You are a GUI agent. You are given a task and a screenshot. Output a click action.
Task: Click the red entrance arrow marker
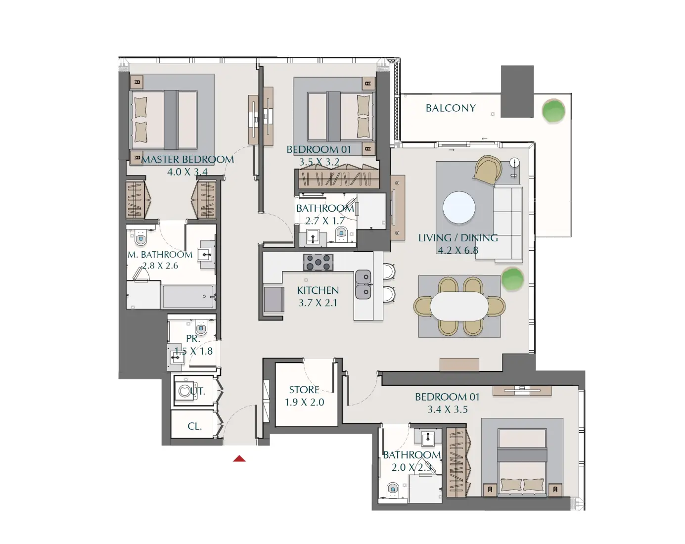click(x=239, y=459)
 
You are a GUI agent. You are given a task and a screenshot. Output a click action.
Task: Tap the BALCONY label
click(x=451, y=108)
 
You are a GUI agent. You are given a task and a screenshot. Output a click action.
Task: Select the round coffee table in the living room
click(x=459, y=208)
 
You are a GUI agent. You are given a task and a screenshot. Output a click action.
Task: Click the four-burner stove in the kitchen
click(x=318, y=263)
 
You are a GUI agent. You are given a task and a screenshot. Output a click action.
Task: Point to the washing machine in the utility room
click(x=185, y=391)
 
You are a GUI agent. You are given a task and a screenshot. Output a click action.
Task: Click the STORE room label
click(x=304, y=390)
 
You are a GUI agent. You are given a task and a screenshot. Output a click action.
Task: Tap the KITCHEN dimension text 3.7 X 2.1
click(x=318, y=303)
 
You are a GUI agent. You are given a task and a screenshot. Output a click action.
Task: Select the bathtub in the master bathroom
click(x=188, y=297)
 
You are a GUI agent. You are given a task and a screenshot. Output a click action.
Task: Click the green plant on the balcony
click(x=553, y=111)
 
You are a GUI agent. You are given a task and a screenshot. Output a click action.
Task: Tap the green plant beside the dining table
click(x=512, y=279)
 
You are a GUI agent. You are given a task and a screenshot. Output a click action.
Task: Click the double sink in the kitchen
click(x=364, y=284)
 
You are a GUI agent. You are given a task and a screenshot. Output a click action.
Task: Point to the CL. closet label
click(x=194, y=426)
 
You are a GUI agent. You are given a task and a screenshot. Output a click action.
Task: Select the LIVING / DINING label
click(x=458, y=238)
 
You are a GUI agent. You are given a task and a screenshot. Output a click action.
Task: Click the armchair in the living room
click(x=488, y=170)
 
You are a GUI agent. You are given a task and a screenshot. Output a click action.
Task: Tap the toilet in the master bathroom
click(x=141, y=239)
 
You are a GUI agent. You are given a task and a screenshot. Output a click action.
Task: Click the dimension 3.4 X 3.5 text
click(x=448, y=409)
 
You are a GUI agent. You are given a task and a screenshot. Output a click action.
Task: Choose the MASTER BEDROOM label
click(x=187, y=160)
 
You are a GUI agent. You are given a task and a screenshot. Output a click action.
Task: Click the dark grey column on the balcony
click(x=517, y=91)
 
